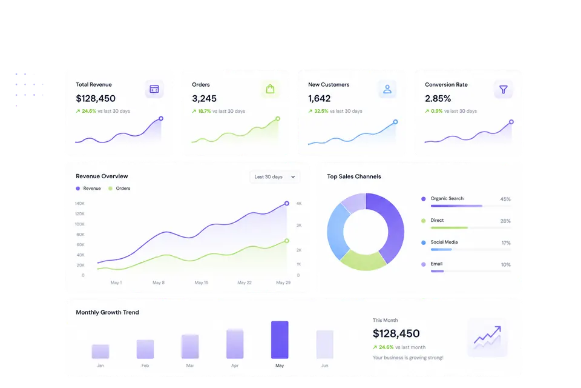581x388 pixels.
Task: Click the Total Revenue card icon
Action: [154, 89]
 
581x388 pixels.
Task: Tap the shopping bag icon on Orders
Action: [270, 89]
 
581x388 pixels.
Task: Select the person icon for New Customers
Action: [387, 89]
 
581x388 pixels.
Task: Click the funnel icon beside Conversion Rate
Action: [503, 90]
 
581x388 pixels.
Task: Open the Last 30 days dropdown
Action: [275, 177]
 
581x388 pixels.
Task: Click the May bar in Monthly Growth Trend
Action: [280, 339]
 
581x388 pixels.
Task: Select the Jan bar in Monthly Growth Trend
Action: [100, 351]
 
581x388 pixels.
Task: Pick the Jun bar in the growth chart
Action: [324, 344]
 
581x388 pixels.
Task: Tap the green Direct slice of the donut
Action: [363, 261]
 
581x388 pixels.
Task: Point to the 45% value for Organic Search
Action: [505, 199]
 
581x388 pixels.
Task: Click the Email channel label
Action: [436, 264]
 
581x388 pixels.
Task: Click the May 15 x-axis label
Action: [202, 283]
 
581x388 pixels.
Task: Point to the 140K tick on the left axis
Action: [80, 204]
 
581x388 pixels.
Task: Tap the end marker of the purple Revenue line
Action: [287, 204]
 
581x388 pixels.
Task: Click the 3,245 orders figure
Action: [204, 98]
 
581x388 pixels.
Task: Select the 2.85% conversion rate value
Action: [438, 98]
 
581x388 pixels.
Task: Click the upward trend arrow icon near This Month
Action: [487, 337]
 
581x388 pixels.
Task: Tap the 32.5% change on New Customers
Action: [321, 111]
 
